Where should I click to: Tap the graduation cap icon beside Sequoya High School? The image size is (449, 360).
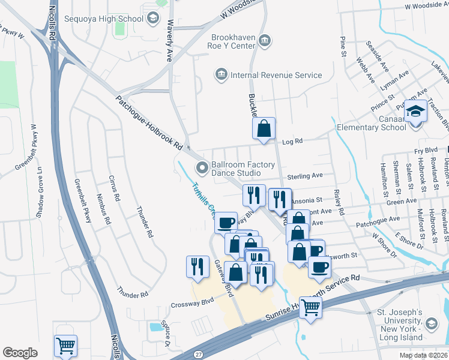coord(153,19)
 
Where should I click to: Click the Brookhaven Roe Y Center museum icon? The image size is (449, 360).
coord(265,41)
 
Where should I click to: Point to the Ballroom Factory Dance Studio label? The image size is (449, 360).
coord(243,169)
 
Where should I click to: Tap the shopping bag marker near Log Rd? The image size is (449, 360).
coord(264,128)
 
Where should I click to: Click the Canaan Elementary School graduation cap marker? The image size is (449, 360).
coord(415,112)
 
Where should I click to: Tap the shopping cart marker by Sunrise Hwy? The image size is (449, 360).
coord(310,307)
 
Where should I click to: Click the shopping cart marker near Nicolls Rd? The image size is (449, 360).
coord(65,346)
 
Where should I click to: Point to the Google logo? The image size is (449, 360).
coord(20,353)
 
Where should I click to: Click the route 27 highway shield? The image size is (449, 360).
coord(197,356)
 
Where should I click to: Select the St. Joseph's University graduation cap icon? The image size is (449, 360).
coord(431,324)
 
